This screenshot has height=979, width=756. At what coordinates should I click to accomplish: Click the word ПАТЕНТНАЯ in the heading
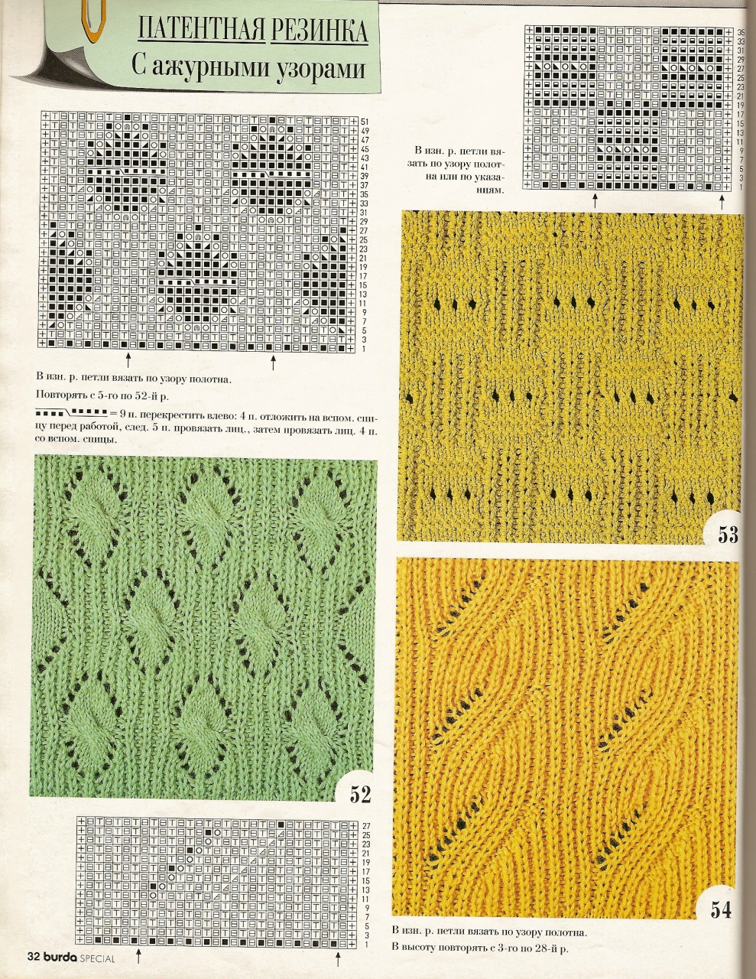pyautogui.click(x=202, y=30)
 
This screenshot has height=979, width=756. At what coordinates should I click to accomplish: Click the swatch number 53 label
pyautogui.click(x=728, y=534)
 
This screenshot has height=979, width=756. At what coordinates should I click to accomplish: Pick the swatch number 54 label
pyautogui.click(x=721, y=909)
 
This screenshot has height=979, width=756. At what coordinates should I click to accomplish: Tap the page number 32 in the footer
pyautogui.click(x=33, y=957)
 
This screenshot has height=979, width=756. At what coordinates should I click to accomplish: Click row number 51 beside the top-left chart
pyautogui.click(x=365, y=122)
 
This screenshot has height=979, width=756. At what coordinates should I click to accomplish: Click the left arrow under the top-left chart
pyautogui.click(x=128, y=359)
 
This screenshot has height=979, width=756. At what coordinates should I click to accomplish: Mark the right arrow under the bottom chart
pyautogui.click(x=335, y=958)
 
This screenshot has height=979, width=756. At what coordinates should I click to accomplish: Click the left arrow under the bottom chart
pyautogui.click(x=138, y=958)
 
